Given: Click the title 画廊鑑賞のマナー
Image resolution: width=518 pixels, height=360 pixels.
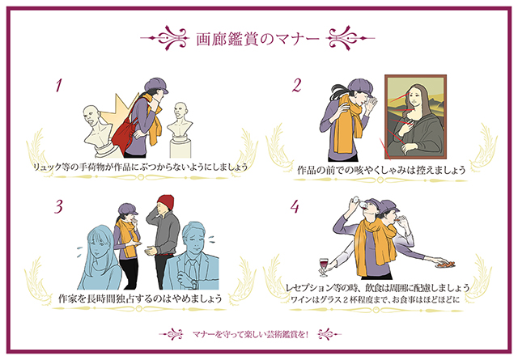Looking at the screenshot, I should (258, 38).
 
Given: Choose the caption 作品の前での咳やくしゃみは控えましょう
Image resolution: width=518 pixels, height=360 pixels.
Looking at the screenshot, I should (380, 171).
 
